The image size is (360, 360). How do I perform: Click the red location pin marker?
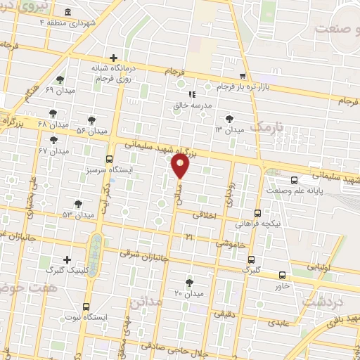pos(180,166)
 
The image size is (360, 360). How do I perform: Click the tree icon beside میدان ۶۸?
pos(53,112)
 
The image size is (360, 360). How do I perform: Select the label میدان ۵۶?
pos(91,131)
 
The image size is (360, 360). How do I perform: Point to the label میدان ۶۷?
pos(53,150)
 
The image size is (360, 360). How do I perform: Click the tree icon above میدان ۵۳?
pos(79,203)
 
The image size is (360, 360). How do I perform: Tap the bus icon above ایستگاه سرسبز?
pos(109,159)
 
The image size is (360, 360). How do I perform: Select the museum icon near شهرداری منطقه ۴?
pos(67,13)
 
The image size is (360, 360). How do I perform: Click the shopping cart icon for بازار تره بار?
pos(243,76)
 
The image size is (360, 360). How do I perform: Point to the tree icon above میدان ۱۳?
pos(229,119)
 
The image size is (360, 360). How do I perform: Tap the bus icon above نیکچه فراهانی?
pos(257,212)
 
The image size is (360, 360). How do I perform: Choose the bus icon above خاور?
pos(283,275)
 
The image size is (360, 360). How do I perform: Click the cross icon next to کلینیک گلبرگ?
pos(67,259)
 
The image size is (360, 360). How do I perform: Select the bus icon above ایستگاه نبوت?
pos(86,307)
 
